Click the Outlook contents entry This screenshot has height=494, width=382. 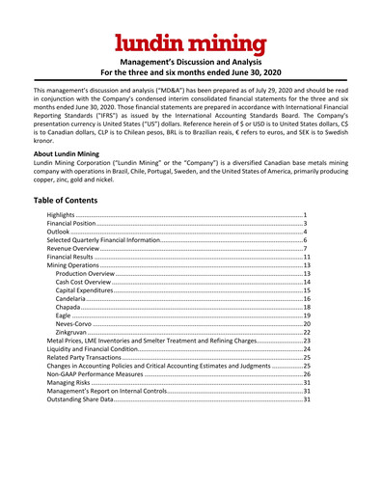[60, 233]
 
